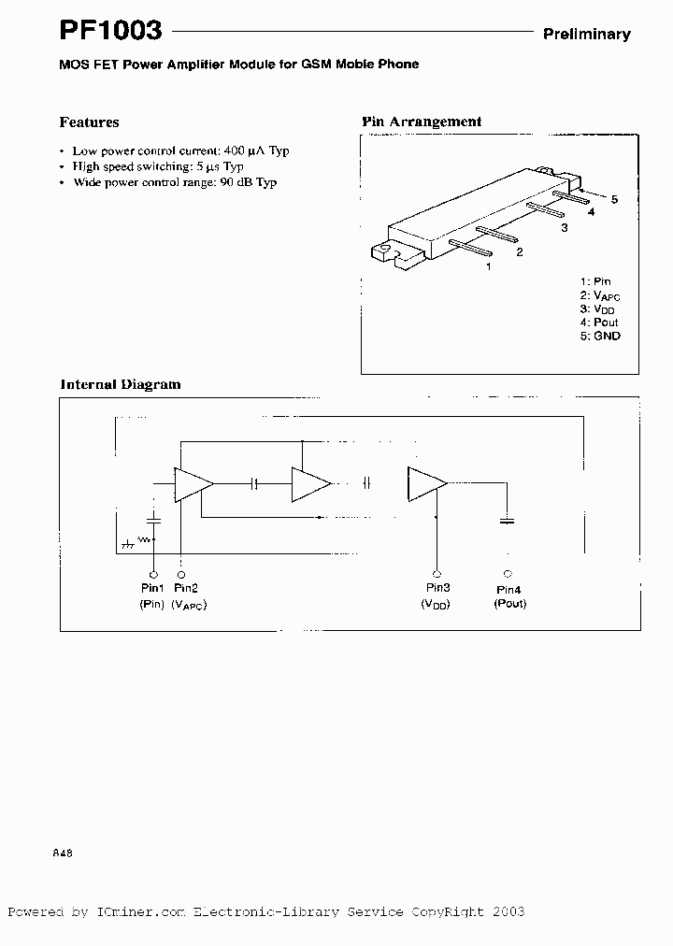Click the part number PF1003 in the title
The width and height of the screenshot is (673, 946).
click(x=111, y=31)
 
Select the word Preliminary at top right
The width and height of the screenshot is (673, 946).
click(x=587, y=34)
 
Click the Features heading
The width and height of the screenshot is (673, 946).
click(x=89, y=122)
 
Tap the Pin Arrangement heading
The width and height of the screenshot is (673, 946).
click(x=422, y=122)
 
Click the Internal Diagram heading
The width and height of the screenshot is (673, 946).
click(x=121, y=384)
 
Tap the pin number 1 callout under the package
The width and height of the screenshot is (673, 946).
click(x=488, y=266)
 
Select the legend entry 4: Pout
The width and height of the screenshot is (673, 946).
click(x=598, y=322)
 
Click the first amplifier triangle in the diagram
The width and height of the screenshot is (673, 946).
click(x=193, y=483)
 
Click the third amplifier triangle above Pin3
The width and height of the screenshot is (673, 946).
click(x=425, y=483)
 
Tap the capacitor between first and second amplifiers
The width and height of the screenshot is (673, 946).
click(x=254, y=483)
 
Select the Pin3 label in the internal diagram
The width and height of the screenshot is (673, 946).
click(x=437, y=587)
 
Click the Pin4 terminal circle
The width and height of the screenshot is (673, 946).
click(x=508, y=573)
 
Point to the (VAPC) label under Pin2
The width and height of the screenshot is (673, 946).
click(x=189, y=605)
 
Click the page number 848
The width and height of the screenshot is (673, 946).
click(x=63, y=853)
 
